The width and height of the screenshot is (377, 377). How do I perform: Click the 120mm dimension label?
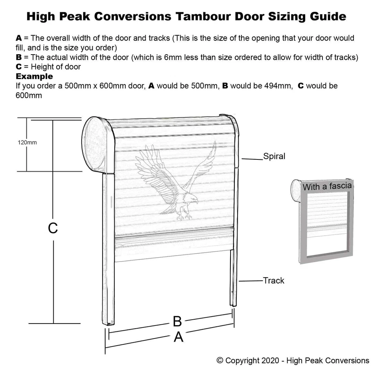point(27,143)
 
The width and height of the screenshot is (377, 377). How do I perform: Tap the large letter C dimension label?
point(53,228)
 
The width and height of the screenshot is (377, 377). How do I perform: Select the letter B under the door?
point(177,322)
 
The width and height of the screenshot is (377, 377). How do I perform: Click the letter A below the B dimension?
point(178,337)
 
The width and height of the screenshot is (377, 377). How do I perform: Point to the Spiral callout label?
point(274,156)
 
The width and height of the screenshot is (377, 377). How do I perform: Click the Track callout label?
point(274,280)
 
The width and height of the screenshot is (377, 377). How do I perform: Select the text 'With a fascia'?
point(327,186)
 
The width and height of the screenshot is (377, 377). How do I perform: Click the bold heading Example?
point(34,76)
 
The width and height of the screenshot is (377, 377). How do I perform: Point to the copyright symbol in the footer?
point(220,361)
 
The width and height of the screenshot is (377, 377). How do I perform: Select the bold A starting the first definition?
point(18,38)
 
